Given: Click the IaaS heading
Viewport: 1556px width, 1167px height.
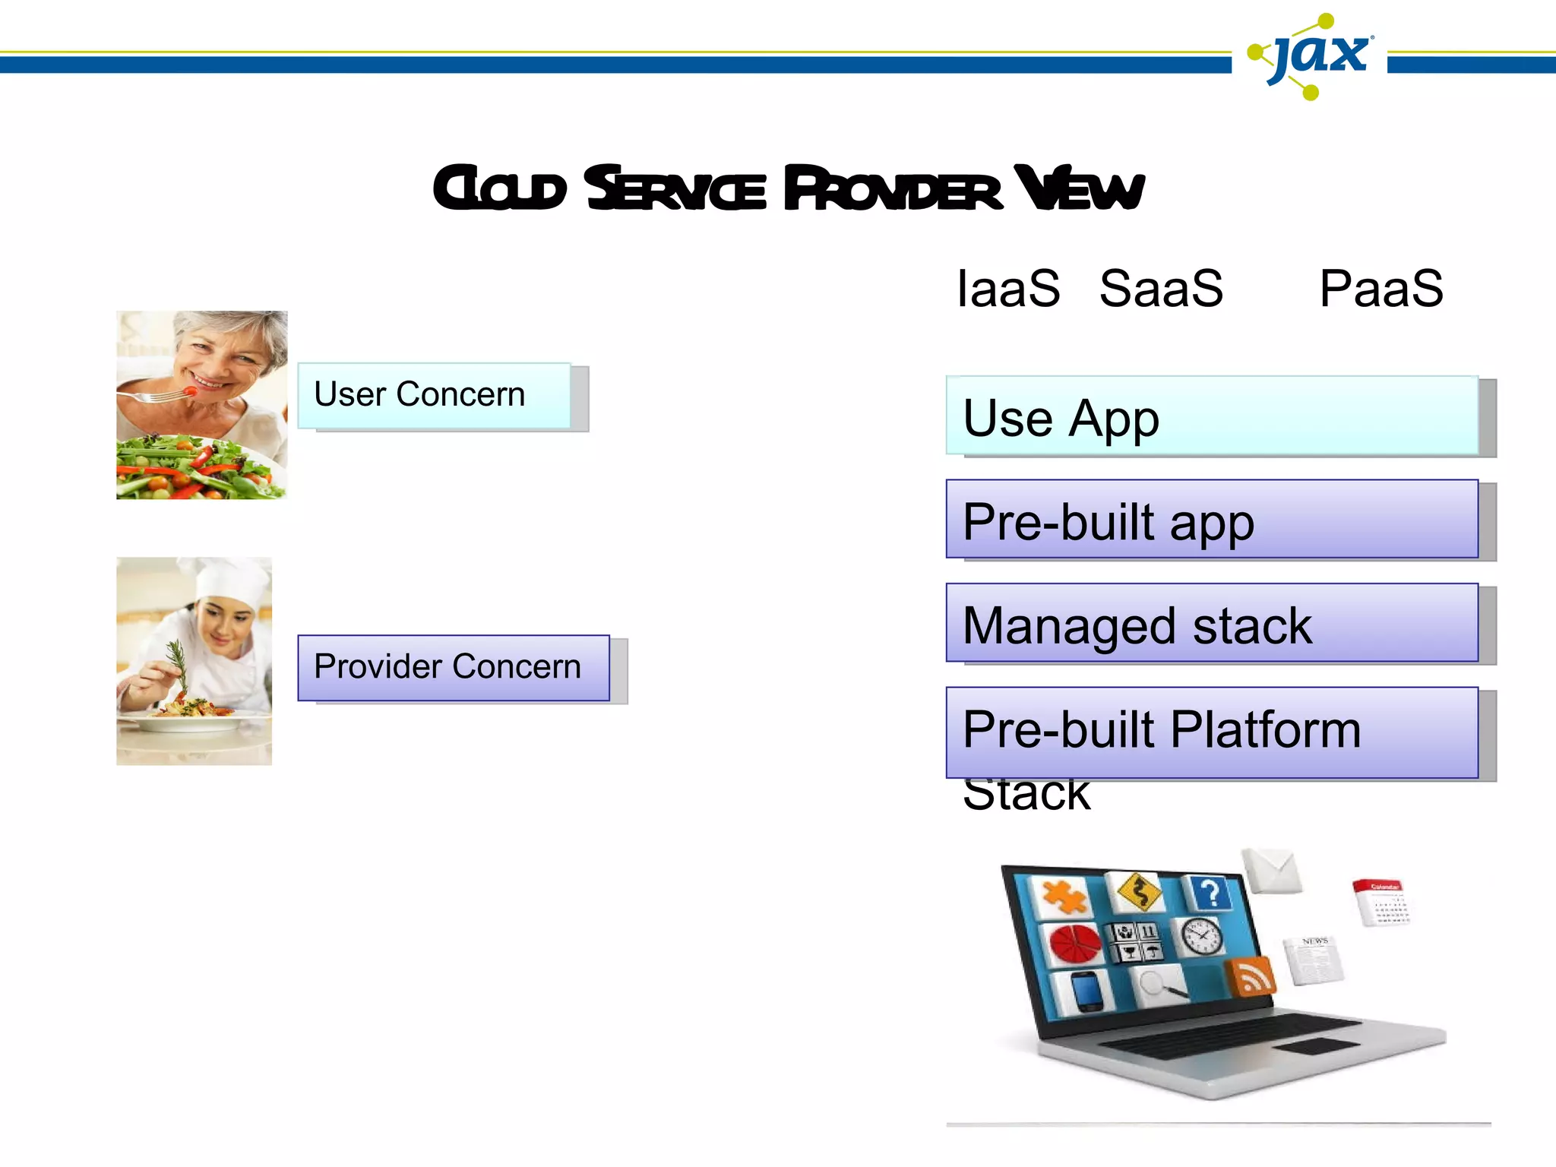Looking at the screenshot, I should point(1007,289).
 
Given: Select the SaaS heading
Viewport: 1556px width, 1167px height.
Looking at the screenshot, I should point(1161,289).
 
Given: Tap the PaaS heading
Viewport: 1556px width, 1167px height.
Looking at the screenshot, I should point(1380,289).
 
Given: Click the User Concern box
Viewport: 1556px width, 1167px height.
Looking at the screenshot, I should point(434,395).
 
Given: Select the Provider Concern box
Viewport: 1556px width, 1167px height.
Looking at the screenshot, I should point(453,667).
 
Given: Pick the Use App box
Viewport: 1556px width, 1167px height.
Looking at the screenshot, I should point(1212,416).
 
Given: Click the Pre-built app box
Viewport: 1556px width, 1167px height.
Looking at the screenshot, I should point(1212,520).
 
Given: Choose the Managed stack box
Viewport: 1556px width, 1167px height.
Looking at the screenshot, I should point(1212,623).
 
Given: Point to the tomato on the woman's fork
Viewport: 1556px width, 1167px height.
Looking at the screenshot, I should point(191,391).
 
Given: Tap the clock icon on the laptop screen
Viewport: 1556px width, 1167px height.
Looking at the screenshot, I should point(1200,935).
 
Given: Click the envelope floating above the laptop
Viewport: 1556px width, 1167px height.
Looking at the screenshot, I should point(1273,870).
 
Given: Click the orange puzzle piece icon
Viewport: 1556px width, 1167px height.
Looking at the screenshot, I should point(1064,898).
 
